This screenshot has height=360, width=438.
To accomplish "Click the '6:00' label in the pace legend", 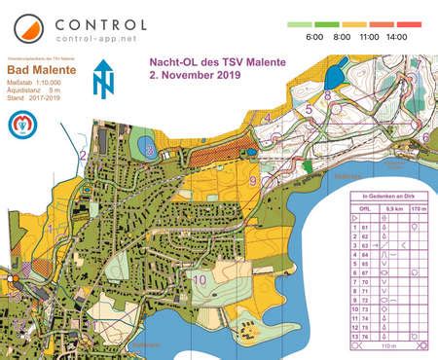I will click(x=313, y=36).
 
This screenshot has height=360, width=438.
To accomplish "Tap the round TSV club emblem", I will click(x=22, y=124).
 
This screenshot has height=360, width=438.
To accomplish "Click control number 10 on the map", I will click(x=201, y=280).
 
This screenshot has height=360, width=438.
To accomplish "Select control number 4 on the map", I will click(x=266, y=118).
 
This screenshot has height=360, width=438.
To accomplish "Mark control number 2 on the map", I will click(x=84, y=155).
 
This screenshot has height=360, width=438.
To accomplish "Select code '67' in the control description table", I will click(x=365, y=273).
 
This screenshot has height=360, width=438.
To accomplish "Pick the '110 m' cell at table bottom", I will click(x=389, y=344).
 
